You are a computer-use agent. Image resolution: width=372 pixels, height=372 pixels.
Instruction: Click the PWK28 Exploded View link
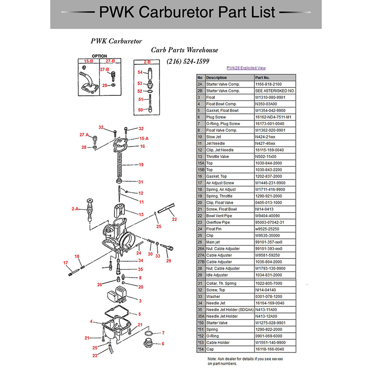point(246,67)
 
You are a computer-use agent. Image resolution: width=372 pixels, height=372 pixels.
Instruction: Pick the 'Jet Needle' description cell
point(216,144)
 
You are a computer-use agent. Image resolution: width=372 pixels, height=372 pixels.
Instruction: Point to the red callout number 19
point(140,165)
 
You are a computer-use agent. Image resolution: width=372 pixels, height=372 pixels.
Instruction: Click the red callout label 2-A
point(76,209)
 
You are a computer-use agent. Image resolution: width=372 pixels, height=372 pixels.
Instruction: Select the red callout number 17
point(66,263)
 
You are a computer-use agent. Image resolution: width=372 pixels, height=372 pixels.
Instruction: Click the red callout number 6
point(163,344)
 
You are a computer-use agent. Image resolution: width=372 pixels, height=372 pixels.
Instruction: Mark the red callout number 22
point(174,219)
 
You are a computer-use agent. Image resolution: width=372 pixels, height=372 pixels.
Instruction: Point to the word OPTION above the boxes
point(100,56)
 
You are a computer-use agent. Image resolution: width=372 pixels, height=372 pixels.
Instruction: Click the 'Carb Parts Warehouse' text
point(185,50)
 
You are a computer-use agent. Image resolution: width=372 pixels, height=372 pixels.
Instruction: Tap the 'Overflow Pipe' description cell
point(219,222)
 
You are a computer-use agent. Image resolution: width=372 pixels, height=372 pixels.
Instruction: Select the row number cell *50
point(201,323)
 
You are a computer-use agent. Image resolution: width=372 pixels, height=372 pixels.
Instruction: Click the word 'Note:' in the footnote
point(213,359)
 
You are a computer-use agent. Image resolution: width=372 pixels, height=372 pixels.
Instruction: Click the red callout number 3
point(139,301)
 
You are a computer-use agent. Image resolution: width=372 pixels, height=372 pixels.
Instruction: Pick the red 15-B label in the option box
point(88,61)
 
